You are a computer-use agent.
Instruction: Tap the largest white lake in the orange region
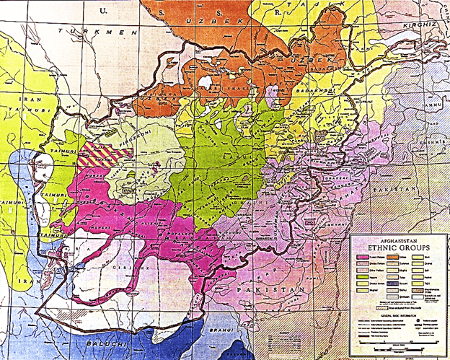pos(210,82)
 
